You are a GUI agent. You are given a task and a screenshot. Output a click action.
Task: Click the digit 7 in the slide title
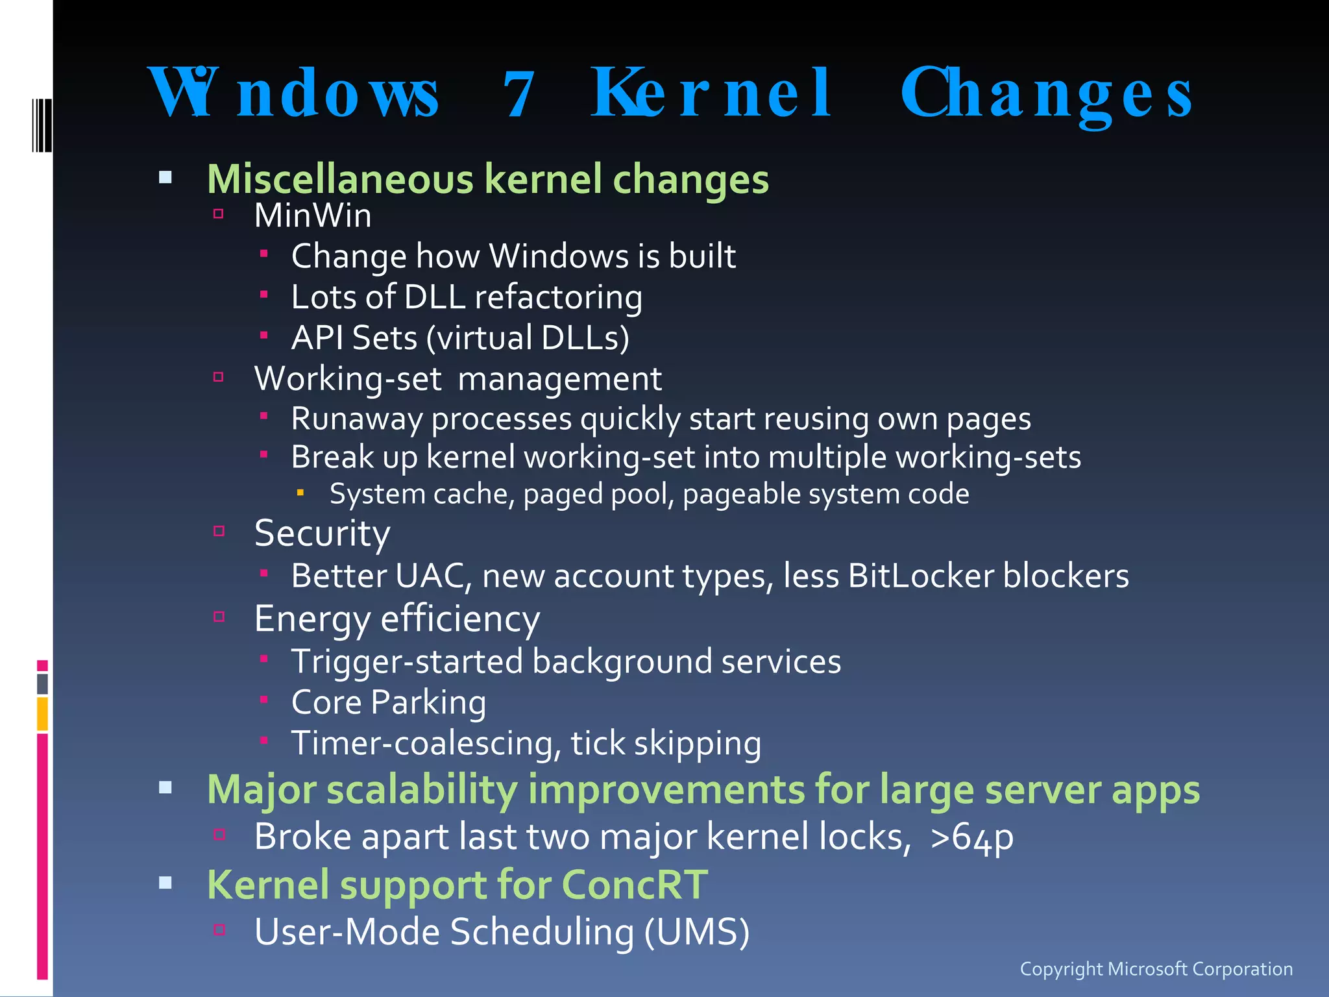click(x=518, y=95)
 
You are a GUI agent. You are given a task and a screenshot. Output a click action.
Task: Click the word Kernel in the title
click(x=711, y=93)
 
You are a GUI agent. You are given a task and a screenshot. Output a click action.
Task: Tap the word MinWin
click(x=313, y=215)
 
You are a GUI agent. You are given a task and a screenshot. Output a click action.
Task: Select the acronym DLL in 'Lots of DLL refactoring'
click(x=434, y=297)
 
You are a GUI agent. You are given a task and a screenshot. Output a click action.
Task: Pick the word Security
click(x=322, y=534)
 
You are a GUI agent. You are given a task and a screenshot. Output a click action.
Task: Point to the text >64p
click(x=971, y=837)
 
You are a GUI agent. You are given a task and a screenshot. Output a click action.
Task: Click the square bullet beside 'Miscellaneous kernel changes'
click(x=165, y=177)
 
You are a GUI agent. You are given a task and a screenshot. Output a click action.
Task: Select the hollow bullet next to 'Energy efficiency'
click(x=219, y=617)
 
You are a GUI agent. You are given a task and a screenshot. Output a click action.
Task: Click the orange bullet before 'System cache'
click(x=300, y=493)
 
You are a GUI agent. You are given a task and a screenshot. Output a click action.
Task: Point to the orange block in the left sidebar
click(x=42, y=713)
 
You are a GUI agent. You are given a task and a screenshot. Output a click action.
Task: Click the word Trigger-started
click(x=407, y=662)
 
